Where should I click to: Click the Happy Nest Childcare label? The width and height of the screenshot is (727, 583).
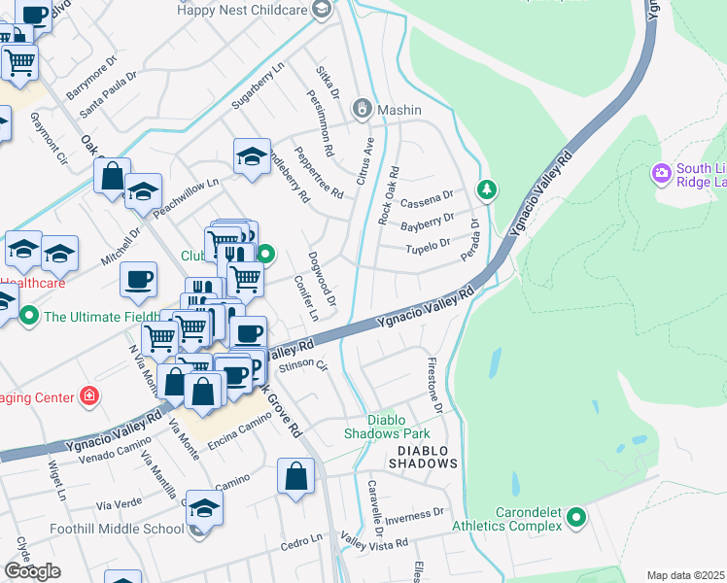tap(244, 9)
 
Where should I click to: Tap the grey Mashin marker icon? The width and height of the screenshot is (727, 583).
tap(363, 109)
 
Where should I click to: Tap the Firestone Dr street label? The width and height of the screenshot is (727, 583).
tap(433, 384)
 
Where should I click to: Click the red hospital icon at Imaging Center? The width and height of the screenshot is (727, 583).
tap(89, 396)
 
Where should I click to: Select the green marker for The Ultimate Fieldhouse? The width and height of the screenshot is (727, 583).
tap(29, 316)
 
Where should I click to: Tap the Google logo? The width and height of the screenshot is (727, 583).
tap(32, 571)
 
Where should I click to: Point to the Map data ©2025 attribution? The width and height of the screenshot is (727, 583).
tap(686, 575)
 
